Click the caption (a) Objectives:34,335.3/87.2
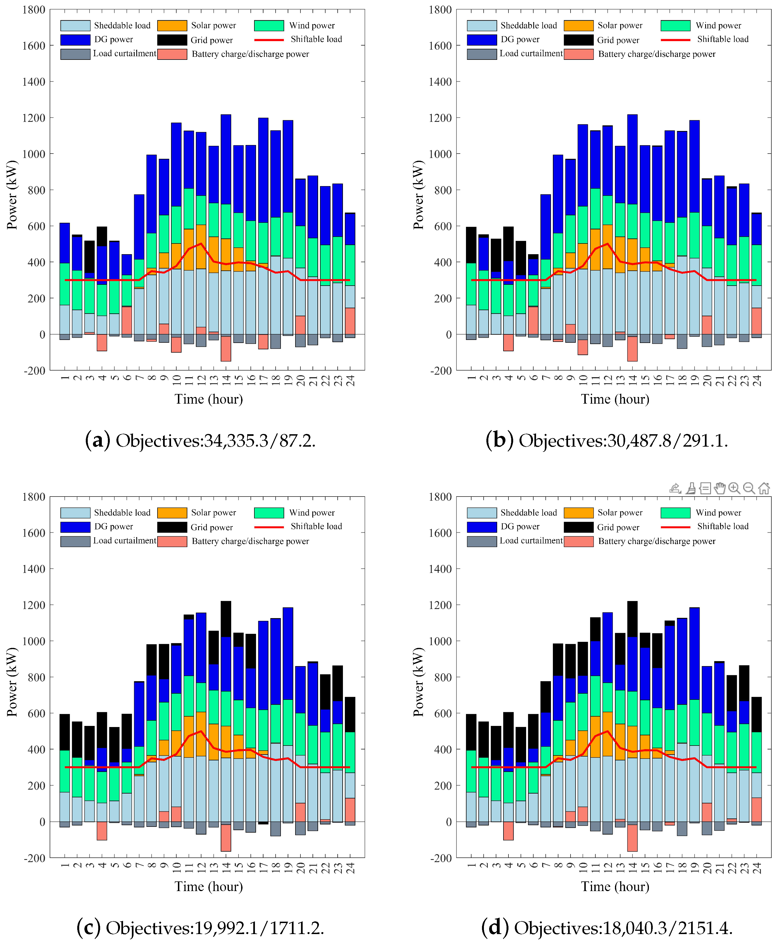coord(200,441)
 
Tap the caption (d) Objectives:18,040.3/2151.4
coord(607,927)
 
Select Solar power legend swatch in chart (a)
coord(172,26)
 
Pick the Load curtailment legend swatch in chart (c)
coord(75,541)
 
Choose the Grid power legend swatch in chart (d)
coord(579,527)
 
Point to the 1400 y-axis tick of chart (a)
coord(34,82)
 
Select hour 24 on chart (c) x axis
coord(350,868)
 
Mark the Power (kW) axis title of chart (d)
coord(418,682)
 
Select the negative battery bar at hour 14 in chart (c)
coord(226,837)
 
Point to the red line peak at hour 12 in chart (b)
coord(608,244)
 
